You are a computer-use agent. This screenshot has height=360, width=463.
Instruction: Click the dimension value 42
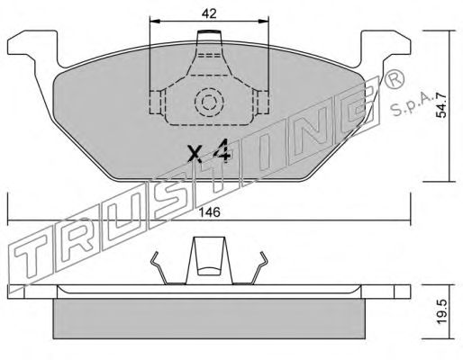(209, 13)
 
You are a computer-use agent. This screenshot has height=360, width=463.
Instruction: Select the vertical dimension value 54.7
(441, 105)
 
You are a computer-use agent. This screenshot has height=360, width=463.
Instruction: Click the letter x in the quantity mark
(195, 154)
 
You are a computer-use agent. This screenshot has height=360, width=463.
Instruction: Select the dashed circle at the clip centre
(209, 103)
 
